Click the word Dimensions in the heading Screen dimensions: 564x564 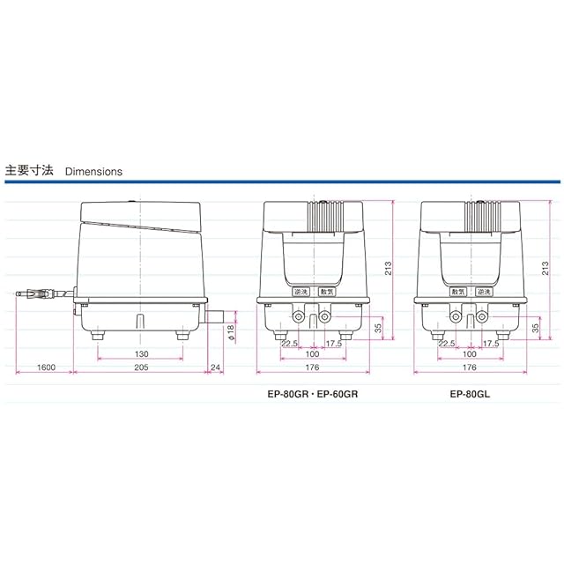(x=93, y=172)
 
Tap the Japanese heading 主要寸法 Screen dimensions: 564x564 (x=29, y=170)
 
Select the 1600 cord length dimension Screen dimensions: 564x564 (x=47, y=367)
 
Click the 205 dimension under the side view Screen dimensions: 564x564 (x=141, y=367)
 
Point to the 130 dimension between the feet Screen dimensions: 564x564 (x=141, y=354)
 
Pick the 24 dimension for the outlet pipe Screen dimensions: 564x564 (x=215, y=367)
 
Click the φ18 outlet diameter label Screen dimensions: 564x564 (x=231, y=332)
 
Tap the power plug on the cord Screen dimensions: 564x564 (x=34, y=293)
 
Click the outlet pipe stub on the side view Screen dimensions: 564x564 (x=215, y=316)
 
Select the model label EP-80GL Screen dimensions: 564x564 (x=470, y=394)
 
